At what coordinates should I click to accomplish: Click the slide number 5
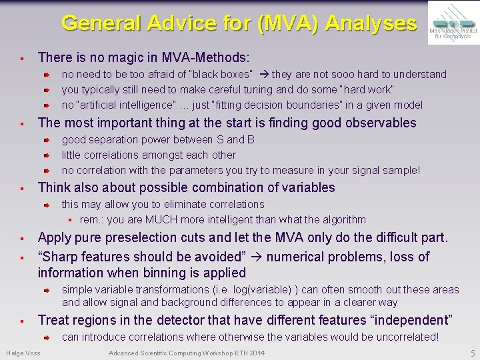pos(472,353)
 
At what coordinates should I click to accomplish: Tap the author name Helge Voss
pos(23,353)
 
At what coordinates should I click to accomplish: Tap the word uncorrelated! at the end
pos(407,337)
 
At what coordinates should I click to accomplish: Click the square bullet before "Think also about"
pos(22,188)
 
